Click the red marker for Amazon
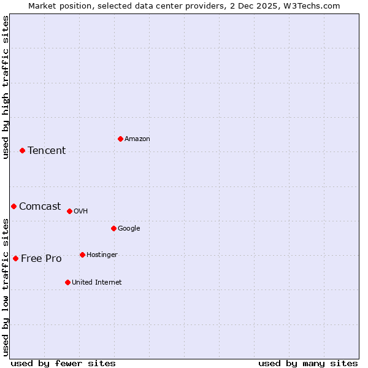point(120,139)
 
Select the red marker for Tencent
point(22,150)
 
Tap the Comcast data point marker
point(13,206)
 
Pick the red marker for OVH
point(69,211)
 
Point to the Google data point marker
point(113,228)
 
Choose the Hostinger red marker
point(82,255)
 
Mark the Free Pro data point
point(15,258)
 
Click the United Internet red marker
point(67,282)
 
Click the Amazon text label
point(137,139)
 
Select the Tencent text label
point(47,151)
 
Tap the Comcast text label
point(40,207)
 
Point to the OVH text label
point(81,212)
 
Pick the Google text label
point(129,229)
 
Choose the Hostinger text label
point(102,255)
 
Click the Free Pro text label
point(41,259)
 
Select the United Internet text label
point(97,283)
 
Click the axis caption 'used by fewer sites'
point(63,363)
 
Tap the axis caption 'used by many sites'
point(308,363)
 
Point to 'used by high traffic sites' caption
point(6,87)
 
